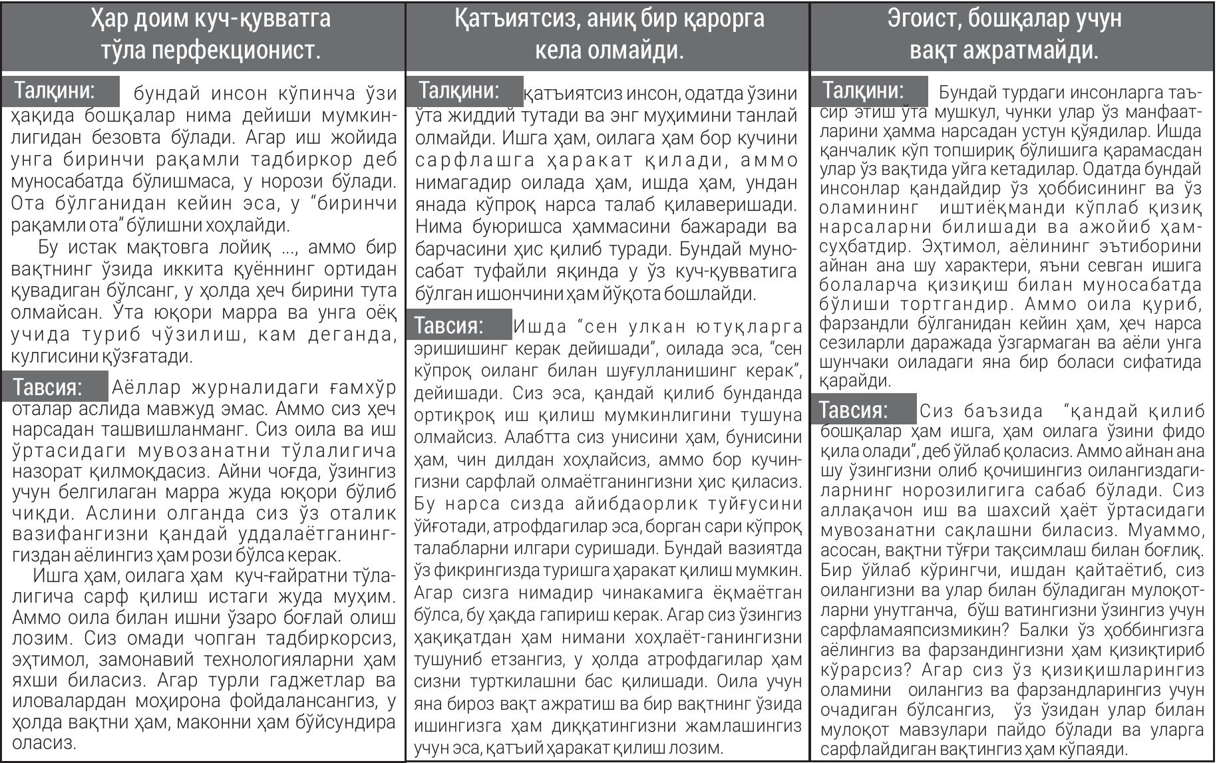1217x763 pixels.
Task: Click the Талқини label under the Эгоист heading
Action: [x=863, y=90]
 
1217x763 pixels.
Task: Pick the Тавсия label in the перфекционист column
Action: [x=48, y=386]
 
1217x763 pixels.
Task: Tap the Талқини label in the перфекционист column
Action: [x=55, y=90]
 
